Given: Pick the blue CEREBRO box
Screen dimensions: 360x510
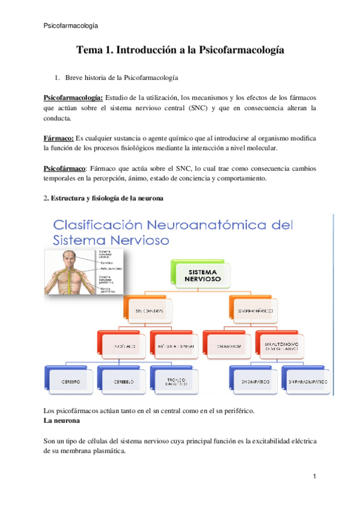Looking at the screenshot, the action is pos(69,381).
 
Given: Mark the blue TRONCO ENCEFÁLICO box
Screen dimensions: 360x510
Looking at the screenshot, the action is pos(175,381).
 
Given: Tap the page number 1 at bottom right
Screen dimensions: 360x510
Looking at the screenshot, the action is pos(314,477).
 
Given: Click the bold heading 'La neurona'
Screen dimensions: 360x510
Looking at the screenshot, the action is pos(62,422).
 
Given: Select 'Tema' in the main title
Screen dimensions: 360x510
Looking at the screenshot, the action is pos(90,51).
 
